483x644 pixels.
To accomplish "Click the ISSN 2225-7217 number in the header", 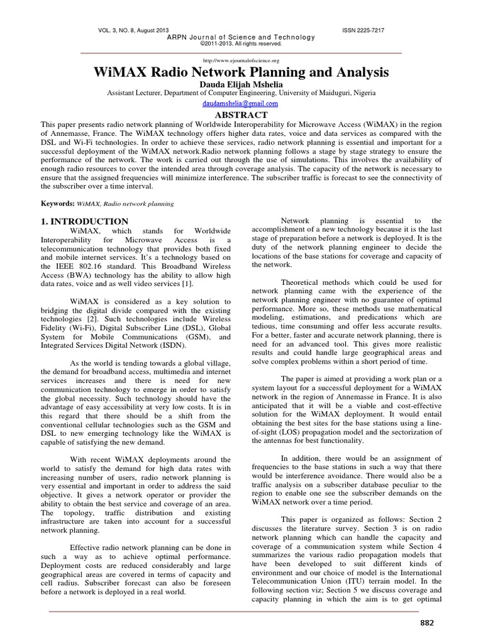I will click(363, 30).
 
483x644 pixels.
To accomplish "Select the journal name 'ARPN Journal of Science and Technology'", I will click(241, 37).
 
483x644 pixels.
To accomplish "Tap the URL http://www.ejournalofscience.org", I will click(241, 60).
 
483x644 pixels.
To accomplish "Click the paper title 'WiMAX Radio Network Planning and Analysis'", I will click(241, 72).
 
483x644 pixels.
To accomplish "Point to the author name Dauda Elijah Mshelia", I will click(241, 84).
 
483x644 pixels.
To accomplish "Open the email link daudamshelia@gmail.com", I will click(241, 104).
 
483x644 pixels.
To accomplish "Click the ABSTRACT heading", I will click(241, 115).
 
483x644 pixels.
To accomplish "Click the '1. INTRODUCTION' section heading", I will click(84, 221).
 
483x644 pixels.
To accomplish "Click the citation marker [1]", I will click(189, 284).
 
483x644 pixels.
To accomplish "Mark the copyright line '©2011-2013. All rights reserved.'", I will click(241, 43).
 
